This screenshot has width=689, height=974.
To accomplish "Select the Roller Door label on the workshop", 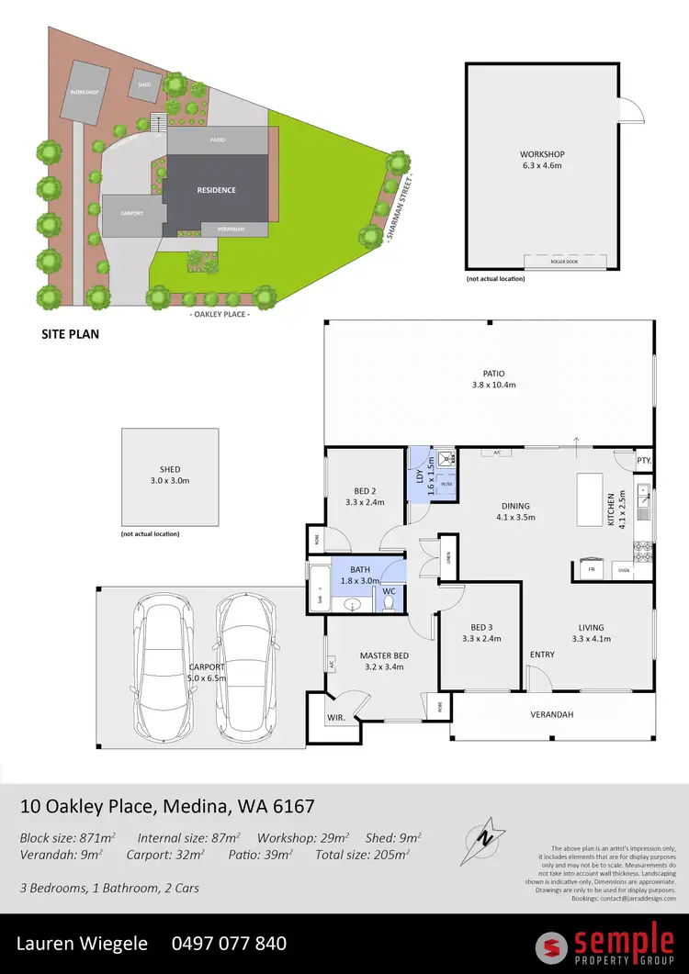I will (565, 261).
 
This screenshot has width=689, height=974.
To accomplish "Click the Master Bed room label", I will (384, 661).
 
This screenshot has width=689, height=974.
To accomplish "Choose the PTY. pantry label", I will (644, 460).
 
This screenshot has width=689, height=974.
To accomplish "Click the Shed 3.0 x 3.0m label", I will (170, 475).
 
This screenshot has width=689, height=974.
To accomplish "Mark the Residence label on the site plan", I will (216, 190).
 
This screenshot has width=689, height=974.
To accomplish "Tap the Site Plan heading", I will (70, 334).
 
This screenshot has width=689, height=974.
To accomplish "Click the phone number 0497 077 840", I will (229, 943).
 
